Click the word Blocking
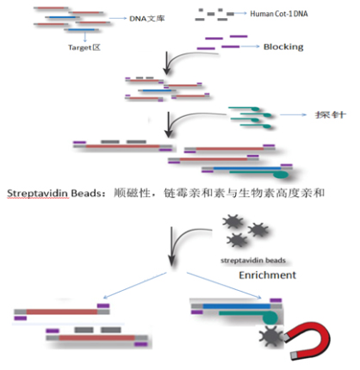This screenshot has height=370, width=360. pos(283,46)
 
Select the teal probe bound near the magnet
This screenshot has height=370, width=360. pos(245,315)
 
